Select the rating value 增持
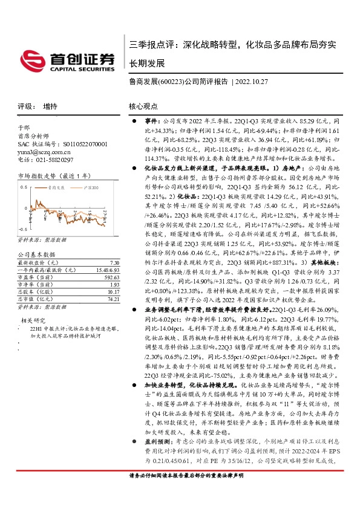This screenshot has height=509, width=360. click(x=50, y=106)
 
